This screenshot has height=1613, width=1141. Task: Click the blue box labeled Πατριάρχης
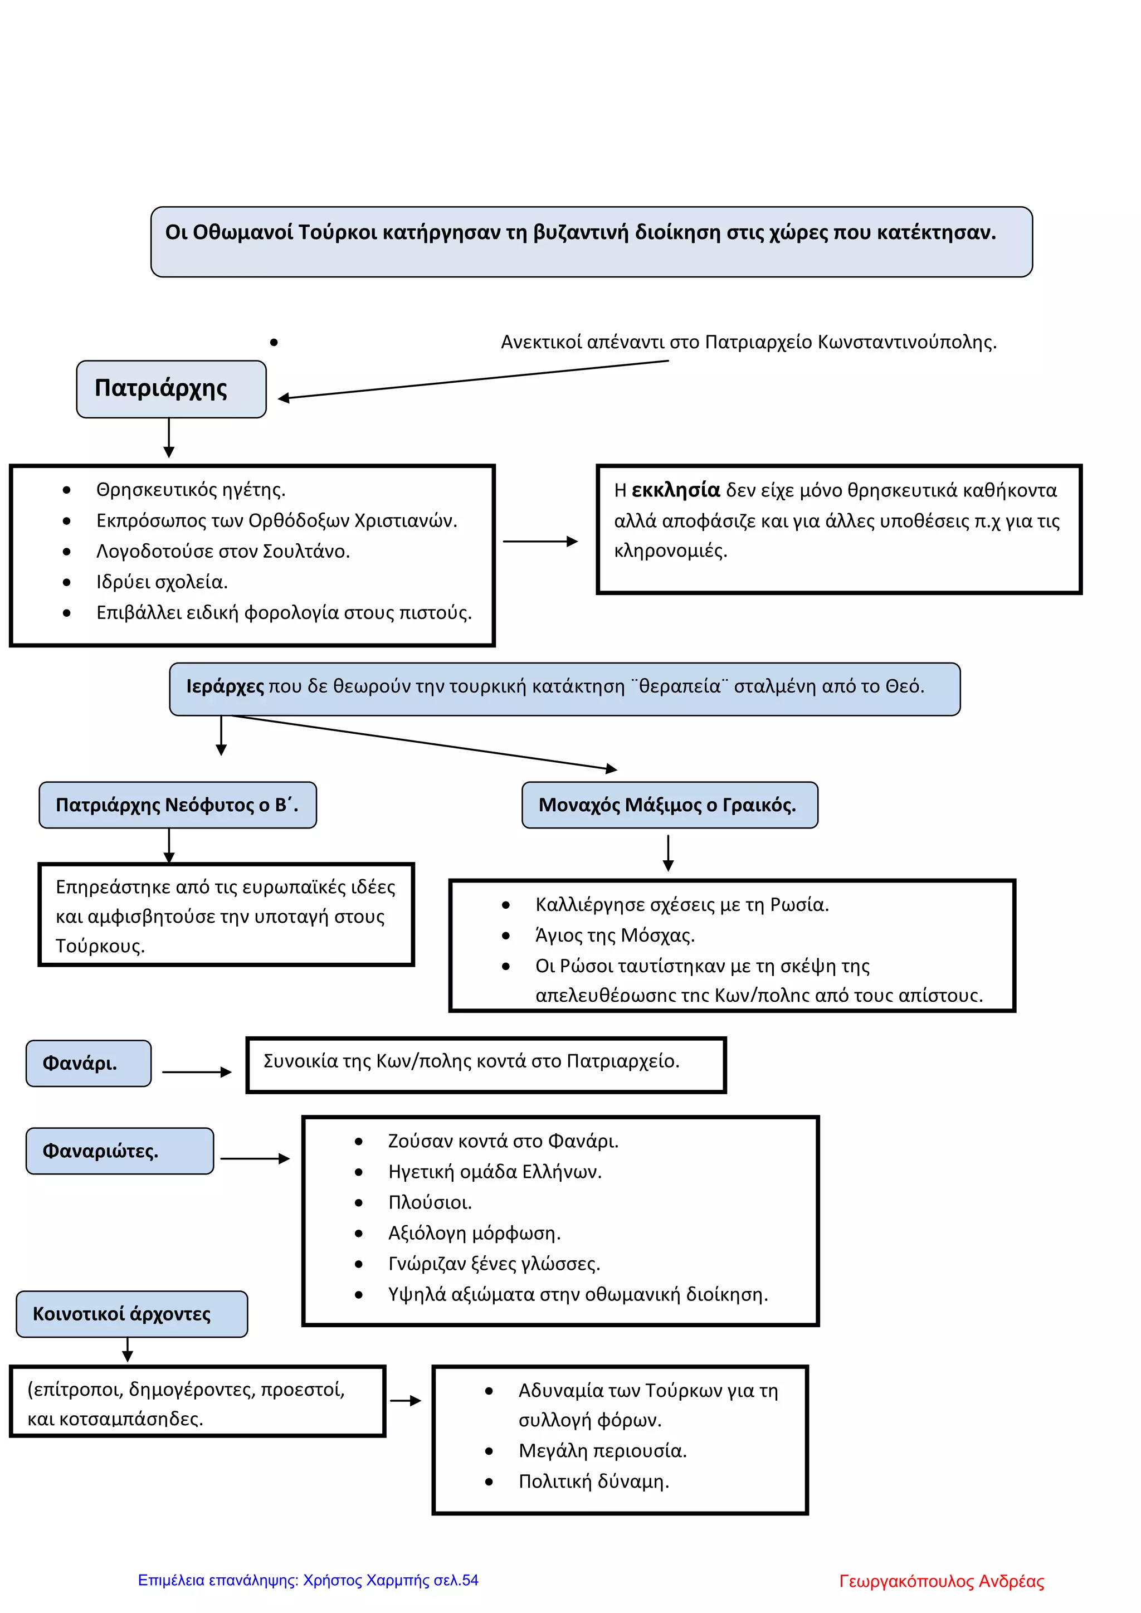172,389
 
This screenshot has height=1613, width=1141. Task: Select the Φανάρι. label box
89,1063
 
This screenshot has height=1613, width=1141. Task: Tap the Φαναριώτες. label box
119,1151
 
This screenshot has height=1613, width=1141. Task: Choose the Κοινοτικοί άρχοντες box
132,1314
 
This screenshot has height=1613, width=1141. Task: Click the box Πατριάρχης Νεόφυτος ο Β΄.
178,805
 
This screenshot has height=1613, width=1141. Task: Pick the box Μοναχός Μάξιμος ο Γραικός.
670,805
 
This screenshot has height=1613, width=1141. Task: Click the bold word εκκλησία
676,490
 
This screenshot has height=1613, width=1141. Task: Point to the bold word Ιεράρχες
225,686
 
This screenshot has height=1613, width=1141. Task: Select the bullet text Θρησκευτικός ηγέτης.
191,490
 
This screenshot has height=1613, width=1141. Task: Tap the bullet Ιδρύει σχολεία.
162,582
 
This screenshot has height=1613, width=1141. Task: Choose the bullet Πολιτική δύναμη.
594,1481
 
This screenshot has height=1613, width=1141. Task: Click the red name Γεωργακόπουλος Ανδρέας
942,1581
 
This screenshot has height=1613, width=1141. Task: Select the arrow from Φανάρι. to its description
197,1072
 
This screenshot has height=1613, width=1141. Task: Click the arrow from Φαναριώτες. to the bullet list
255,1158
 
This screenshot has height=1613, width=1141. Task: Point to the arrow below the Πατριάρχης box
169,438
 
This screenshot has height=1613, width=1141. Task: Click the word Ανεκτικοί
541,342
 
